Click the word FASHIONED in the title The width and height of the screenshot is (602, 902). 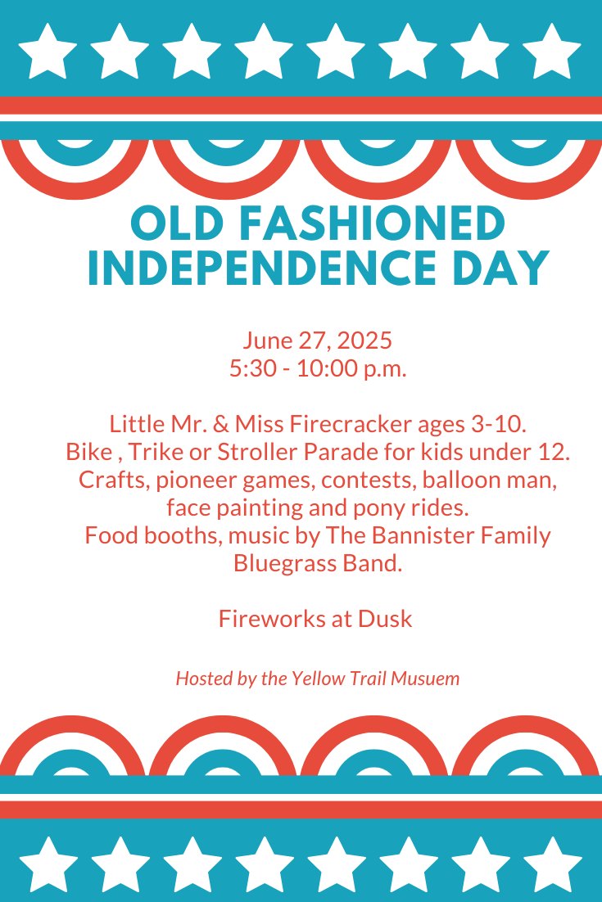pyautogui.click(x=372, y=223)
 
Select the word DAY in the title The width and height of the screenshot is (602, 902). pyautogui.click(x=500, y=268)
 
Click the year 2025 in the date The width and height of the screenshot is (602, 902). pyautogui.click(x=364, y=340)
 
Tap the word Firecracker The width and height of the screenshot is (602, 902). pyautogui.click(x=351, y=424)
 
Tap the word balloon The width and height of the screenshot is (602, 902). pyautogui.click(x=463, y=479)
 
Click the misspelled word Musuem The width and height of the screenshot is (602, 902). pyautogui.click(x=425, y=679)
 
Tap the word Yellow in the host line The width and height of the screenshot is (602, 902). pyautogui.click(x=310, y=679)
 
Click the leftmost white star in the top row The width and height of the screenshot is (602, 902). pyautogui.click(x=48, y=52)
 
